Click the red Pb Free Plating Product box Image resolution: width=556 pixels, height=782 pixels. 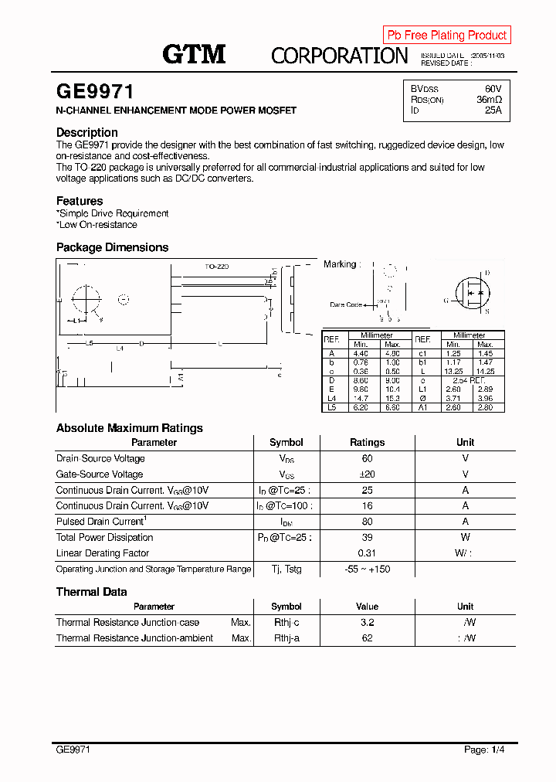tap(446, 35)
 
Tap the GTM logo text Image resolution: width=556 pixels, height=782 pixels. tap(194, 54)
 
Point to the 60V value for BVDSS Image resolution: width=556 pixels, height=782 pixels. tap(493, 89)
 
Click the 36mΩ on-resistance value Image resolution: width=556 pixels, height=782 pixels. tap(489, 100)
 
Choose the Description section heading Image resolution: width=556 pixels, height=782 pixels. tap(87, 132)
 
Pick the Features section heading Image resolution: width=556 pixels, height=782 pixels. tap(80, 201)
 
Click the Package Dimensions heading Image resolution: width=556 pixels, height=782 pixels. tap(112, 247)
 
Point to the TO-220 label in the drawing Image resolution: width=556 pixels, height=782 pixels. tap(216, 267)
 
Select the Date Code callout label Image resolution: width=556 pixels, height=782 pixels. tap(346, 304)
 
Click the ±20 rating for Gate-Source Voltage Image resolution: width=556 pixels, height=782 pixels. tap(367, 474)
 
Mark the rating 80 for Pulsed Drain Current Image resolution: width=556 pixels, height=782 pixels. tap(367, 522)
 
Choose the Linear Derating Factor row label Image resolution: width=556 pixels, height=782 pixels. tap(103, 553)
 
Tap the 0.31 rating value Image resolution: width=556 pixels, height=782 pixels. tap(367, 553)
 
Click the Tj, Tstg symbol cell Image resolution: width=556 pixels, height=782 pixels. tap(286, 569)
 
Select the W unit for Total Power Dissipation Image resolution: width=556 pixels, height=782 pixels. tap(466, 537)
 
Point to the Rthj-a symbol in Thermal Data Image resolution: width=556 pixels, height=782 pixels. tap(286, 638)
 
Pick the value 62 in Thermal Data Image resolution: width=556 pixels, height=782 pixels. tap(367, 638)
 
